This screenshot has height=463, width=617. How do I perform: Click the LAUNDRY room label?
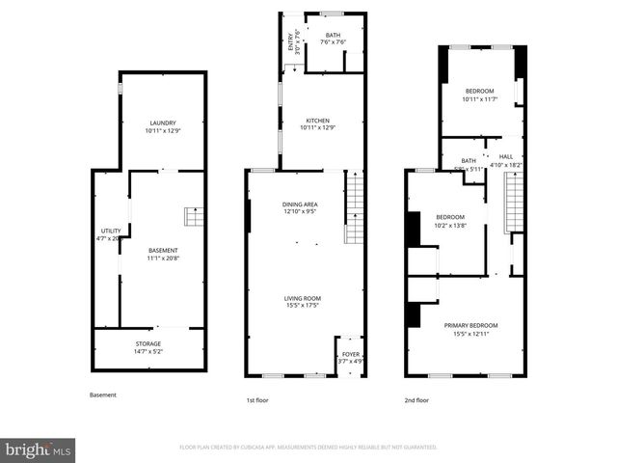162,123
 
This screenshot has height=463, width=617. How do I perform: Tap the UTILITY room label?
112,231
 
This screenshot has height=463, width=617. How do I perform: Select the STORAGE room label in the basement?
148,343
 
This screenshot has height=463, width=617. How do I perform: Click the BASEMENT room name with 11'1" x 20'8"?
162,251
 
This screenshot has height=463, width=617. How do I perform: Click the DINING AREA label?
300,204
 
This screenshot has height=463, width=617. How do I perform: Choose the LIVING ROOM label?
302,299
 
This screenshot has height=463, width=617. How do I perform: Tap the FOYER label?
351,355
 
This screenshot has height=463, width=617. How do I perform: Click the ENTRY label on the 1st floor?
290,43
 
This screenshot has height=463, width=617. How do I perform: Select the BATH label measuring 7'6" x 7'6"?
332,36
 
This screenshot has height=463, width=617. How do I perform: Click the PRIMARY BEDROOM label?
468,325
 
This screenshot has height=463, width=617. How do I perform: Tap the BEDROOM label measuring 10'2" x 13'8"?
450,217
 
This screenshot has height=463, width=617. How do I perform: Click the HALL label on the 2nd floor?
505,156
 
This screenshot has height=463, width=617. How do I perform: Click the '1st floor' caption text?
256,399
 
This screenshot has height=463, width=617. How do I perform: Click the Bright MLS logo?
39,449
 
